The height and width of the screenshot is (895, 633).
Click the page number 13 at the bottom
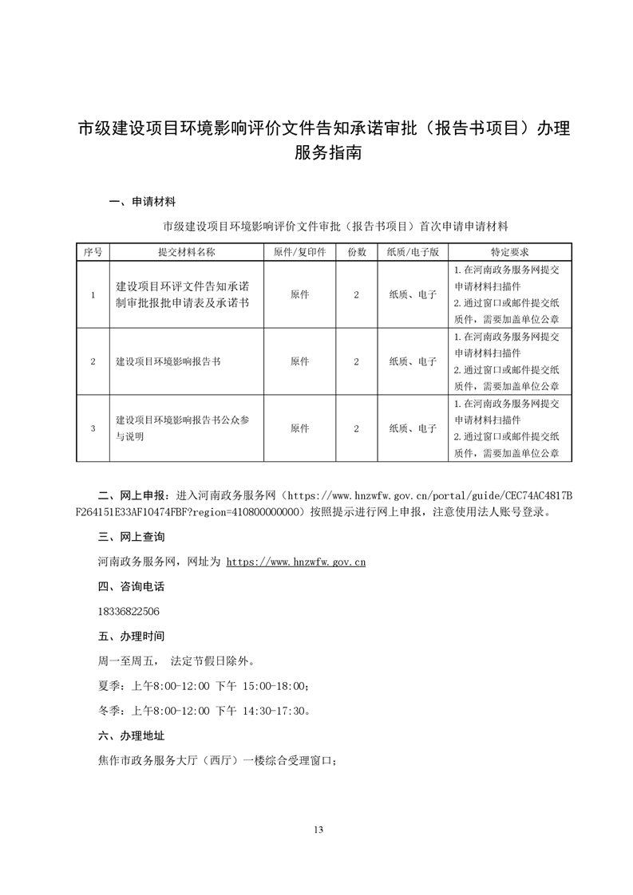tap(318, 830)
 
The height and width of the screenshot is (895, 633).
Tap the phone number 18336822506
tap(127, 611)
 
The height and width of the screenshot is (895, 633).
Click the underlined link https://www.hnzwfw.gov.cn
tap(296, 562)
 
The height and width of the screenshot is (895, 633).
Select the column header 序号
tap(93, 251)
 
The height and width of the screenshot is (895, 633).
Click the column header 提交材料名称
tap(187, 251)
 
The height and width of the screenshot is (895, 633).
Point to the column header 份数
tap(356, 251)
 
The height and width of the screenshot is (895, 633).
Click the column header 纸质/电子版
tap(413, 251)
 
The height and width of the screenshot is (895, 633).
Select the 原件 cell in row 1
tap(300, 294)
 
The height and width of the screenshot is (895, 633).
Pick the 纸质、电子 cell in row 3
tap(413, 428)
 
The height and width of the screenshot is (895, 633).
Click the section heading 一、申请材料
tap(141, 202)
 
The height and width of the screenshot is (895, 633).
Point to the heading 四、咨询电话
tap(131, 586)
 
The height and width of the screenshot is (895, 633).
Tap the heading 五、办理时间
tap(131, 636)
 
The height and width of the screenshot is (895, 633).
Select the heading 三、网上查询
tap(131, 537)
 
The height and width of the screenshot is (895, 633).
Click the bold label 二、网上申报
tap(131, 495)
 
